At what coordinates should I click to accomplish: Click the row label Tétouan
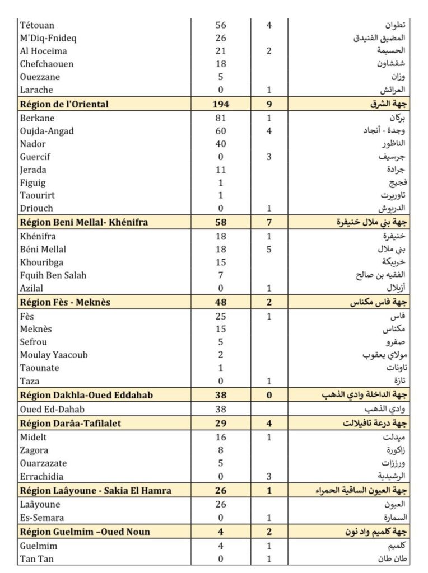[x=37, y=25]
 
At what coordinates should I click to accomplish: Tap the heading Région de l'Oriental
[x=64, y=104]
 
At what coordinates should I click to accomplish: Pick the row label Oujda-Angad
[x=46, y=131]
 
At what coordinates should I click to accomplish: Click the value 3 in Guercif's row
[x=269, y=157]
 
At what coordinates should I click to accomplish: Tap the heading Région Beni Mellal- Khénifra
[x=84, y=223]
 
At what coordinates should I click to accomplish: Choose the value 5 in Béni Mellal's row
[x=269, y=250]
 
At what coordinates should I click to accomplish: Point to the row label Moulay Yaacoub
[x=53, y=355]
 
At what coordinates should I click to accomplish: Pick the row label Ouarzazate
[x=43, y=463]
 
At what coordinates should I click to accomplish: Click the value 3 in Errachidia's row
[x=269, y=476]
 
